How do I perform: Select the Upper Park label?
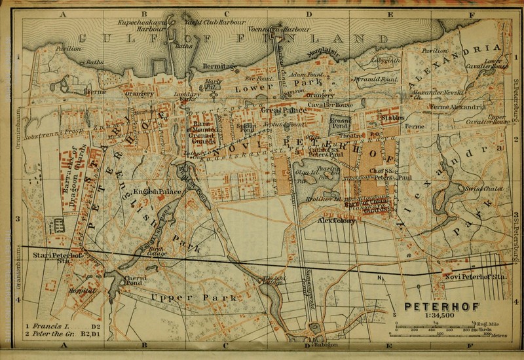coord(176,298)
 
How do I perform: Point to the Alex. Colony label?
coord(335,221)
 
